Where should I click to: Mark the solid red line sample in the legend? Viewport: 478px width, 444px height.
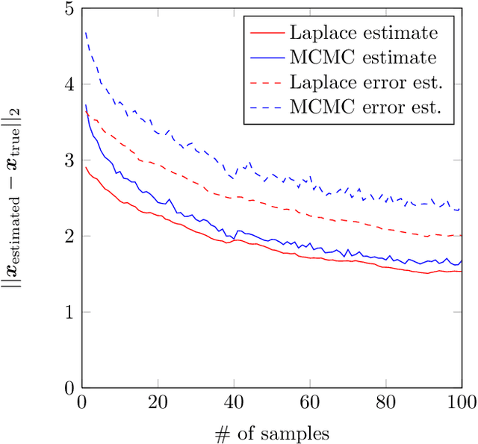pos(265,34)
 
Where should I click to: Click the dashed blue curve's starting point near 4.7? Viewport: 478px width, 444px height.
pos(85,32)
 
